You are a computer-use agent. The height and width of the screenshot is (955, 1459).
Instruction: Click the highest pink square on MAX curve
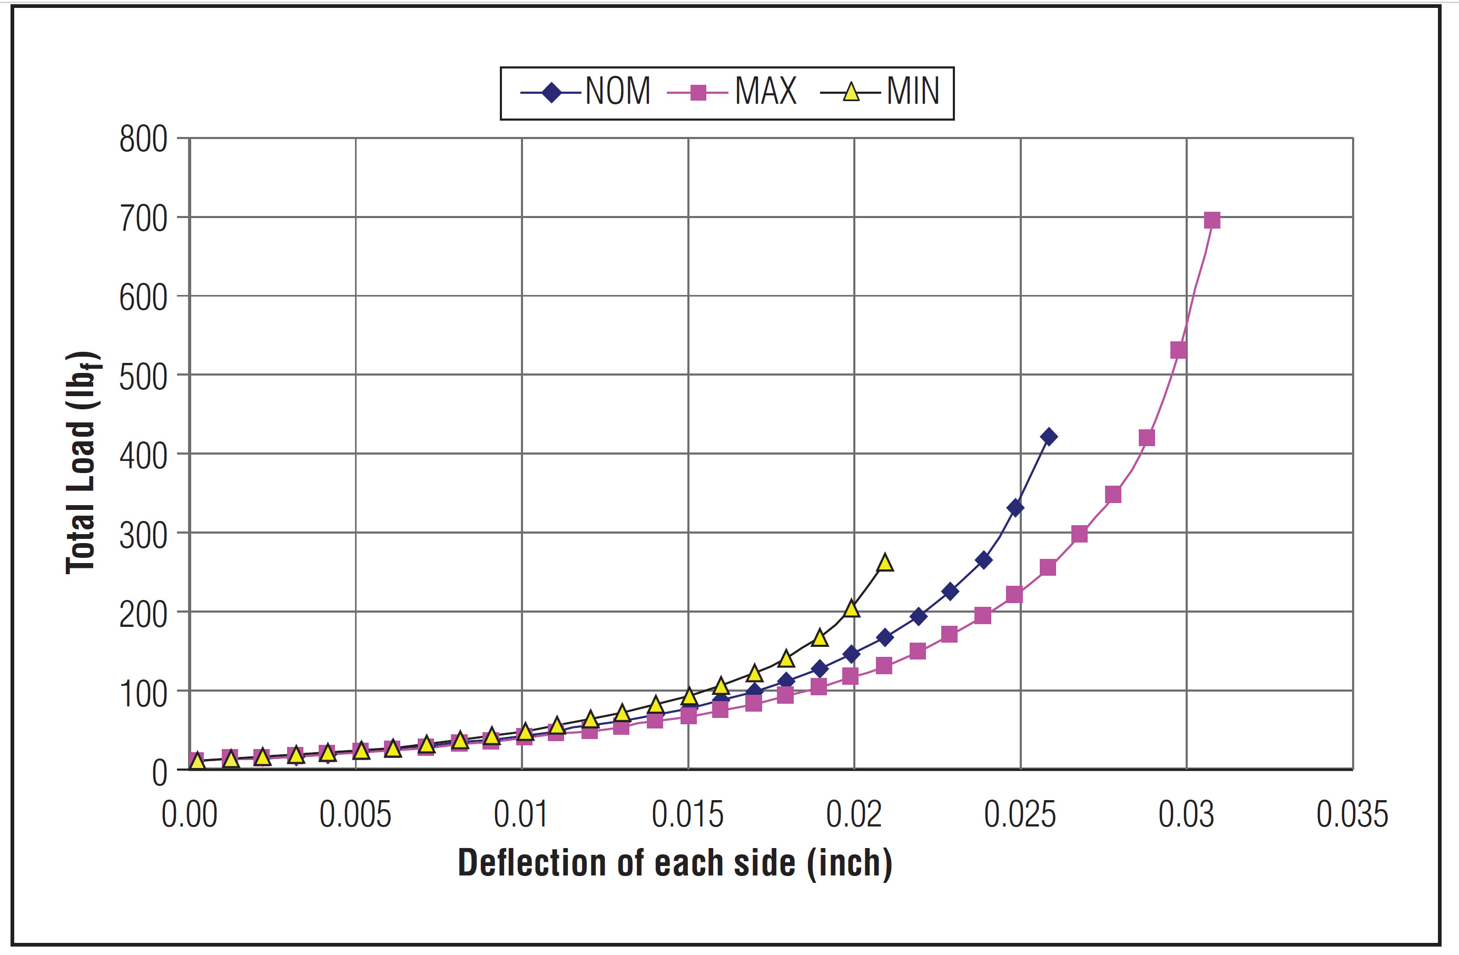(1212, 220)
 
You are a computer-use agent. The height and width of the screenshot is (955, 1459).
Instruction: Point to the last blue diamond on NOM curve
(1049, 437)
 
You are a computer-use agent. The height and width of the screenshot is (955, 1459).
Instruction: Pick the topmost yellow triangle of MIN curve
(884, 563)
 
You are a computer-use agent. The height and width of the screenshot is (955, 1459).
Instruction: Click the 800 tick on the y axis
(143, 139)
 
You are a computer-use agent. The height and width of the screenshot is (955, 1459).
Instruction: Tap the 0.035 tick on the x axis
(1352, 815)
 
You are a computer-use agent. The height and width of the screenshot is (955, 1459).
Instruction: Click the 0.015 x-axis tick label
(687, 815)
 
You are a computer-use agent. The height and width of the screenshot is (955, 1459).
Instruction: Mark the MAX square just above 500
(1178, 350)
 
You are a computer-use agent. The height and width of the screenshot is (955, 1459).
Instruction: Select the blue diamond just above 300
(1015, 508)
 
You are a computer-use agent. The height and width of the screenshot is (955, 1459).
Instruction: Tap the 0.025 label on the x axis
(1020, 815)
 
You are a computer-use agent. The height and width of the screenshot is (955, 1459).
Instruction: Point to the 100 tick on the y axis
(143, 694)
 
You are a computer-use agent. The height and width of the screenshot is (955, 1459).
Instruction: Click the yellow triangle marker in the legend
(851, 93)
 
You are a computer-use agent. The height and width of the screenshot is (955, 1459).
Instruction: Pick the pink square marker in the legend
(697, 93)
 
